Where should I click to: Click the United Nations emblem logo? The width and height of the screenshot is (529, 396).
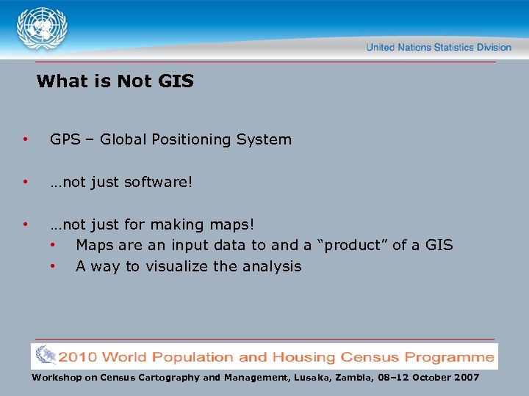click(42, 29)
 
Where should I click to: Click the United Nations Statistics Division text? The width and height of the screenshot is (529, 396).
click(439, 47)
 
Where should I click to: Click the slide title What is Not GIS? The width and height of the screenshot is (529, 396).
click(115, 81)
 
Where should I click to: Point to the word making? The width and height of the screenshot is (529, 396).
click(176, 224)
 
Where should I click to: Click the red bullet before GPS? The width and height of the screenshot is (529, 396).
click(26, 139)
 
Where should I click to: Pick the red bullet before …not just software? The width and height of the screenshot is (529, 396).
click(26, 181)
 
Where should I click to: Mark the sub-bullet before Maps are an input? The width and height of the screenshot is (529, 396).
click(53, 245)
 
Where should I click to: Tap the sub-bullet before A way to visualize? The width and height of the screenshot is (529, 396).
click(53, 266)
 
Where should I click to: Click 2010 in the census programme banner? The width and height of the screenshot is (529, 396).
click(78, 358)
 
